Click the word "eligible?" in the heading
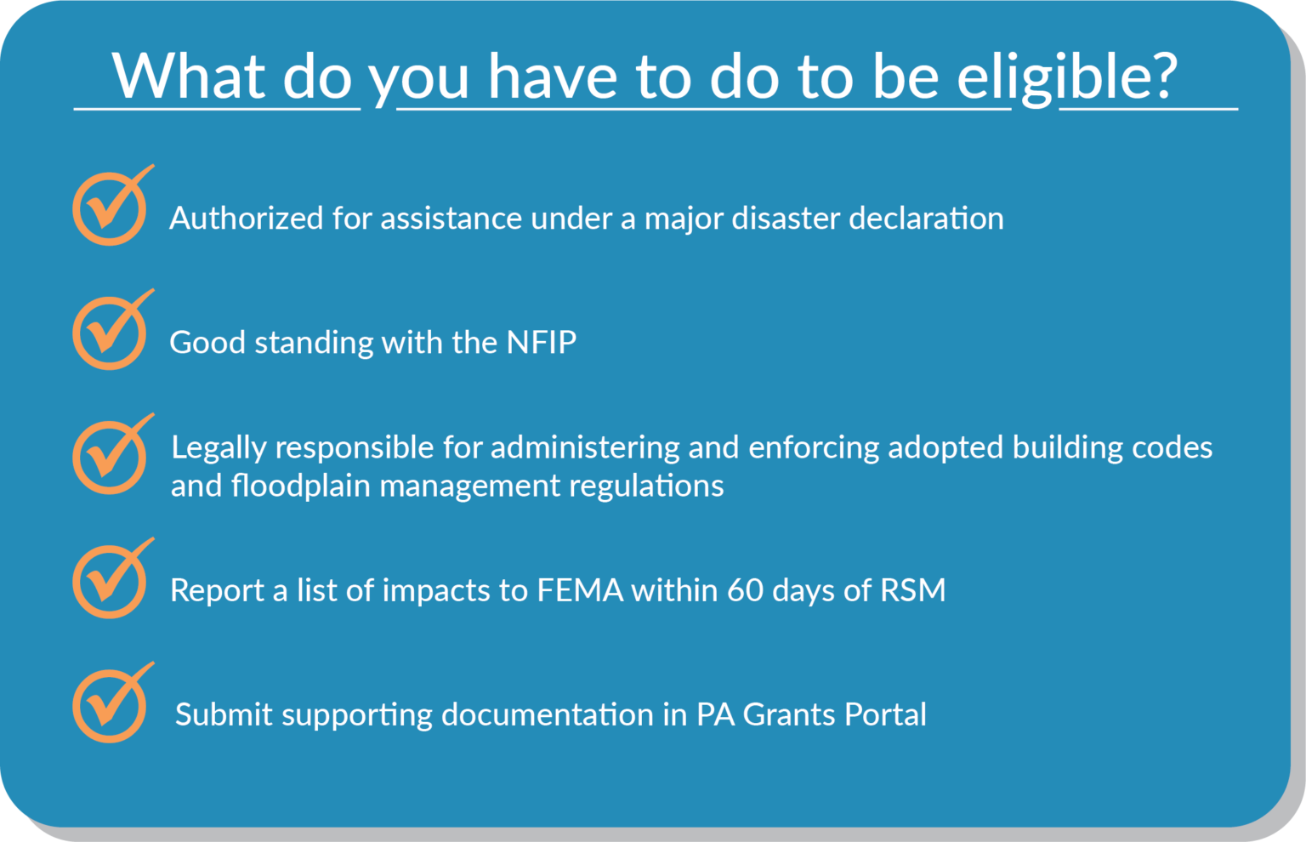point(1067,77)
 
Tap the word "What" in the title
point(189,77)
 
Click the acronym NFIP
point(542,342)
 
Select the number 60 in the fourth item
point(745,590)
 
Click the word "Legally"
point(219,448)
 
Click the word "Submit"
point(224,714)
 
